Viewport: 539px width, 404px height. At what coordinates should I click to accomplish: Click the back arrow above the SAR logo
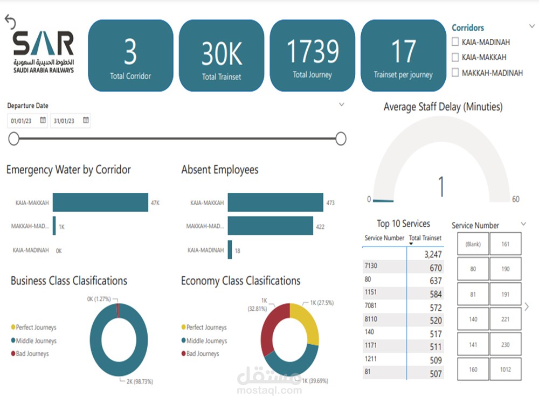click(x=10, y=22)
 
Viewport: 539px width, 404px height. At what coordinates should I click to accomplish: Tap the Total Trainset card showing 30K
click(x=221, y=55)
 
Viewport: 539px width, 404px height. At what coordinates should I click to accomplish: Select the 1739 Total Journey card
click(x=312, y=55)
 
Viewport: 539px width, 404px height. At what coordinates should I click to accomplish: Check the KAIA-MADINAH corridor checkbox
click(x=455, y=42)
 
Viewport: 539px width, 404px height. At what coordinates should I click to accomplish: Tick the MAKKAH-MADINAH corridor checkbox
click(x=455, y=72)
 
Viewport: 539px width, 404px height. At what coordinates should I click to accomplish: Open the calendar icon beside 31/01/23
click(x=86, y=121)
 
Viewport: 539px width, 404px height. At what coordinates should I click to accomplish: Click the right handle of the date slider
click(x=341, y=139)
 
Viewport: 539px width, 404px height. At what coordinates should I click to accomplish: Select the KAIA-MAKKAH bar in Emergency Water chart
click(x=100, y=203)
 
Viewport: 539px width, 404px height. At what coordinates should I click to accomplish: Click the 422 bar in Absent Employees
click(x=270, y=226)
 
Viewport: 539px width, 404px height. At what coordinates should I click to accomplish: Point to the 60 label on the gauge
click(x=516, y=199)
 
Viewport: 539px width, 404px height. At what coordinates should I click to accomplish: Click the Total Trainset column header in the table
click(x=425, y=238)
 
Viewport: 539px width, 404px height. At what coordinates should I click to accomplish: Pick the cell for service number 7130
click(x=384, y=267)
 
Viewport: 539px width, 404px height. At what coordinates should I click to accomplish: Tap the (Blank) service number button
click(x=473, y=244)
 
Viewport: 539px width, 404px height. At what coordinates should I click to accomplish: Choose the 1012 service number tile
click(x=505, y=370)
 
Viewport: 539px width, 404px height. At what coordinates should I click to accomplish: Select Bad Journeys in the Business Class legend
click(x=32, y=354)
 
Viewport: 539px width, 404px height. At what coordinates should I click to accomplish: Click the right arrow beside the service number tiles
click(x=527, y=307)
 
